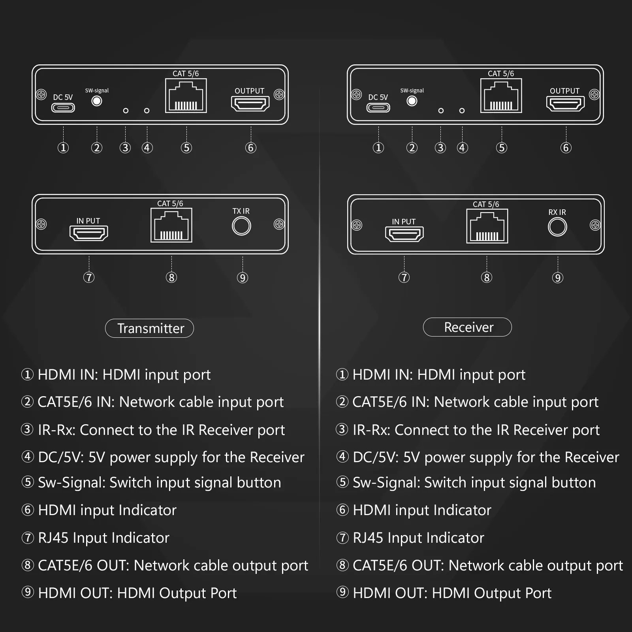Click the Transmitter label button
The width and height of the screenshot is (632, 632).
(x=149, y=328)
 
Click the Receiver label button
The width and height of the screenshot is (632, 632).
(x=467, y=327)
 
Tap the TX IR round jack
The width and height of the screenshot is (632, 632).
(x=241, y=226)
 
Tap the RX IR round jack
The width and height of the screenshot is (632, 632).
(x=557, y=227)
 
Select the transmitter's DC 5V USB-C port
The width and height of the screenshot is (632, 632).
(x=63, y=107)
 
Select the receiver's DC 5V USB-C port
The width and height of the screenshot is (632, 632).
(x=378, y=107)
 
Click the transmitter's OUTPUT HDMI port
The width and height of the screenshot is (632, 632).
(x=250, y=104)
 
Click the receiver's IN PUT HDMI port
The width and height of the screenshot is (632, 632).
(x=404, y=234)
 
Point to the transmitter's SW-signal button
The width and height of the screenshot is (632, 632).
(x=97, y=101)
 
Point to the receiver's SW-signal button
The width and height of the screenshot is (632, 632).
(x=412, y=101)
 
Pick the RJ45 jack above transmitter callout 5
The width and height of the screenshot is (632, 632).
(x=186, y=96)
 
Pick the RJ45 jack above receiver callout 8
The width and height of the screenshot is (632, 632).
(x=487, y=226)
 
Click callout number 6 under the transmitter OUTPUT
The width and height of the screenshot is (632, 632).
(x=251, y=148)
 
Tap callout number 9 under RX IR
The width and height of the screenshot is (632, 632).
(x=558, y=278)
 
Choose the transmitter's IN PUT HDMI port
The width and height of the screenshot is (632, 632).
(x=89, y=233)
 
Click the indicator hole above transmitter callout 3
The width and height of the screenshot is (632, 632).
(x=126, y=111)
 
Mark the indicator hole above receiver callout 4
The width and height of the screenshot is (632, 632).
(x=462, y=111)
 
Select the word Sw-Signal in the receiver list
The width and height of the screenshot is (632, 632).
(x=386, y=483)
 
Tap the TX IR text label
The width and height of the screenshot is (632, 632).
(x=241, y=211)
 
